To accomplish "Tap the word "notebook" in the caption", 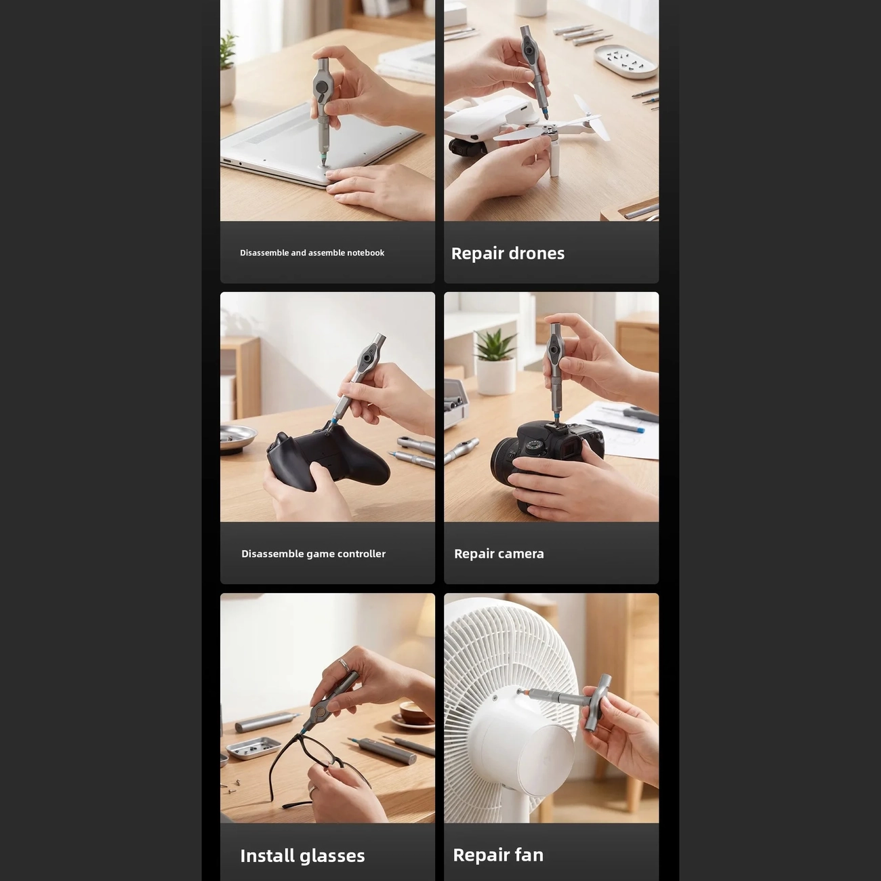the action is pos(365,253).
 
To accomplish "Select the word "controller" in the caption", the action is pos(362,554).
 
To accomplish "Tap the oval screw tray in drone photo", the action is pos(626,61).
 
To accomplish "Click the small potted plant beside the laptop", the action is pos(228,68).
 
